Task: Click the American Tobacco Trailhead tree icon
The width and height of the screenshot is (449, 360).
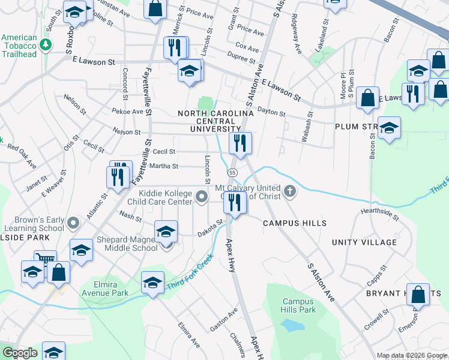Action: click(44, 44)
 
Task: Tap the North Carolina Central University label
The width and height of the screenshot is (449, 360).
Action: click(215, 121)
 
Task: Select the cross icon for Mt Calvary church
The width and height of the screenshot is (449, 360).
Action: click(290, 192)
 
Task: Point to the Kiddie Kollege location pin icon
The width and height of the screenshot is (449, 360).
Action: click(202, 196)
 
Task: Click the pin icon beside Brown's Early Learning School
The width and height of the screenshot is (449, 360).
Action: click(73, 223)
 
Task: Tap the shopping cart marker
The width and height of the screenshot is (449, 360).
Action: click(45, 260)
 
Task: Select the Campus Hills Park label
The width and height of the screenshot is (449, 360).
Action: click(299, 305)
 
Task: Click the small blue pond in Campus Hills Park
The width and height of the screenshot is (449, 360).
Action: click(291, 326)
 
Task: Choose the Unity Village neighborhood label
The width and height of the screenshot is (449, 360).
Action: click(365, 242)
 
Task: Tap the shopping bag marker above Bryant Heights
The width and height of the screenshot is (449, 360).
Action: click(418, 295)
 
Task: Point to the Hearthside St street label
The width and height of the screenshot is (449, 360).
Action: click(379, 212)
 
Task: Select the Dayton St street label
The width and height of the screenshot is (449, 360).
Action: click(271, 111)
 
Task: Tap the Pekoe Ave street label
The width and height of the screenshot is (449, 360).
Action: click(127, 111)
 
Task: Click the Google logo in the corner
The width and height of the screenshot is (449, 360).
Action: click(19, 353)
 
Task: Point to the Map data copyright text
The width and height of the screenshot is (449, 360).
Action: click(412, 356)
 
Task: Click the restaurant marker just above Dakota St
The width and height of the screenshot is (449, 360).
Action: click(235, 203)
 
